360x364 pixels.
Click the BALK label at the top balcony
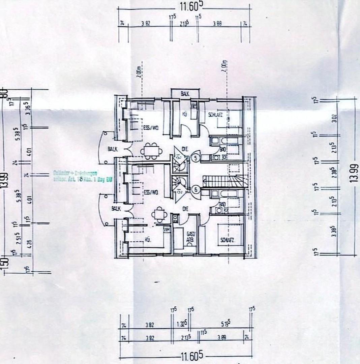184,94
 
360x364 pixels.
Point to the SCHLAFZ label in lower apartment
227,240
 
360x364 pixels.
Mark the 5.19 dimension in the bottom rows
226,324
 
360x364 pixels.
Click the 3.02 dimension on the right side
334,118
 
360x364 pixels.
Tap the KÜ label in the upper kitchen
185,114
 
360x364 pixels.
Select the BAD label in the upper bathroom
222,149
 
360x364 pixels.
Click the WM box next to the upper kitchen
193,106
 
